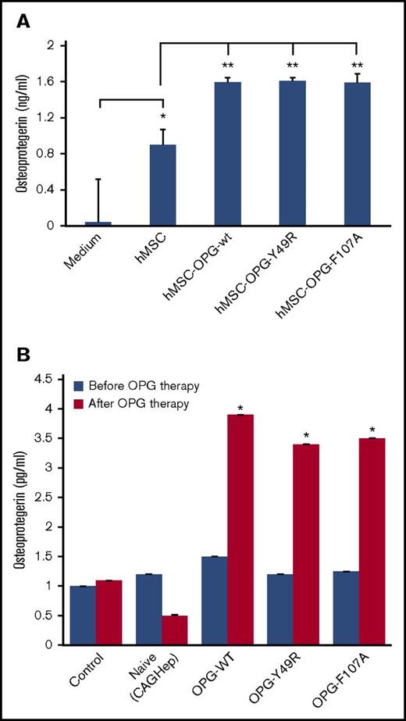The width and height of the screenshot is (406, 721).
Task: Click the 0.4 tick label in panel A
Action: [52, 190]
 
